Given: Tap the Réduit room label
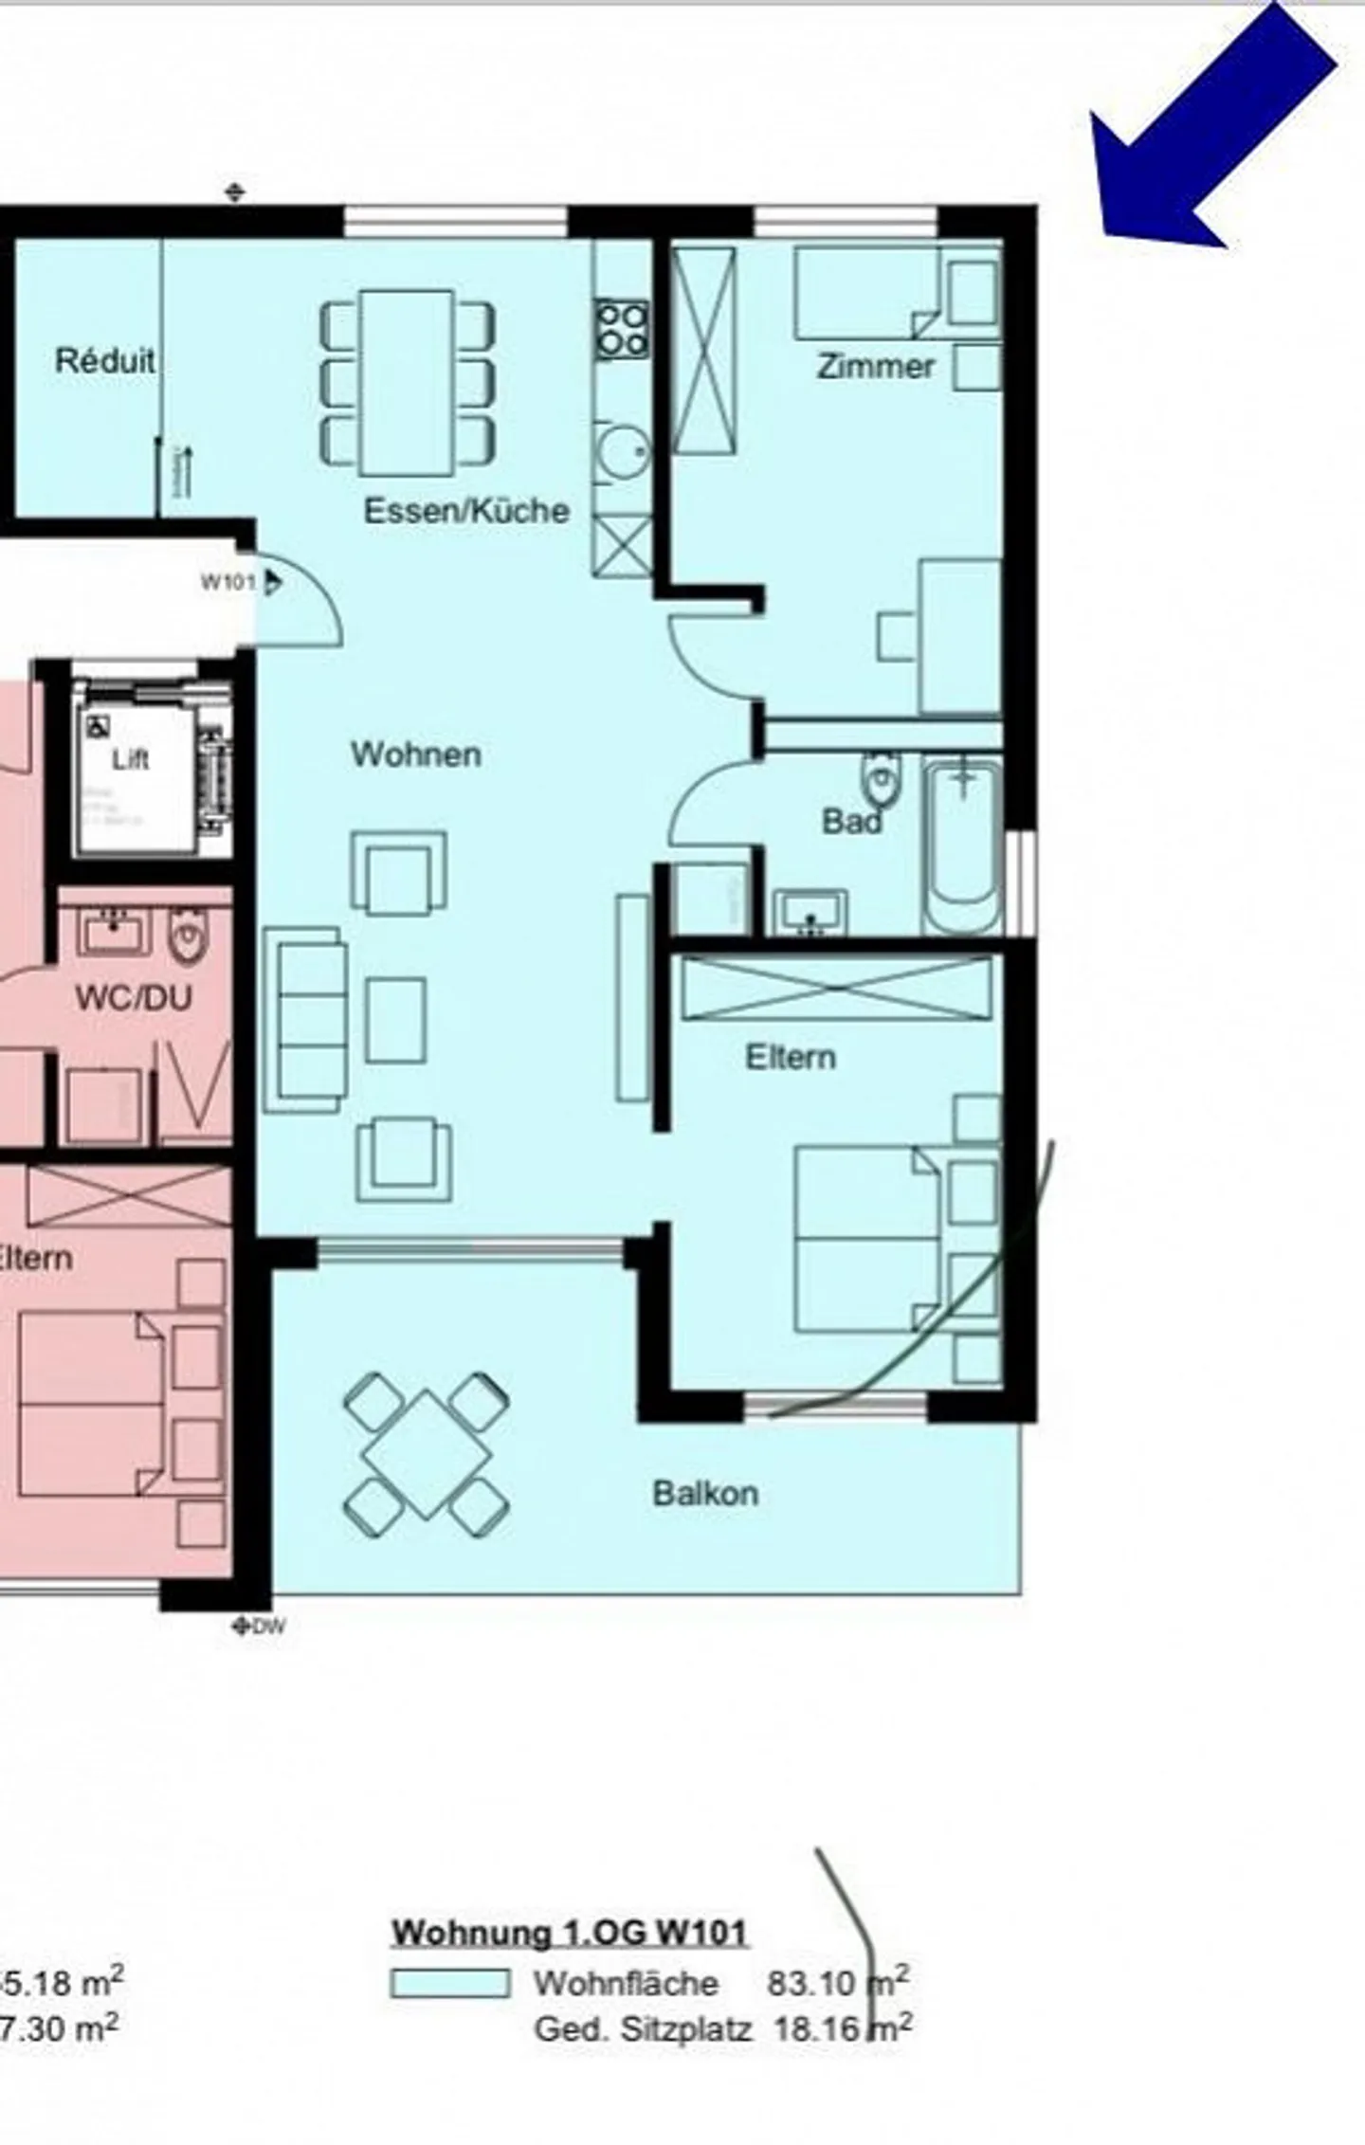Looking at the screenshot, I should pyautogui.click(x=104, y=361).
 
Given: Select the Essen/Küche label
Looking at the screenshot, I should pyautogui.click(x=466, y=511).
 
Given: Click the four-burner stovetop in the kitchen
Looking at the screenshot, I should pyautogui.click(x=623, y=329).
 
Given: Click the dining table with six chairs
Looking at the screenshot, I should pyautogui.click(x=407, y=382).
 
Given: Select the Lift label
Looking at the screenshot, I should pyautogui.click(x=130, y=760).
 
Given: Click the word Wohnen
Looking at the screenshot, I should pyautogui.click(x=416, y=754).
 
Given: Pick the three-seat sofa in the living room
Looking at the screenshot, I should pyautogui.click(x=305, y=1020).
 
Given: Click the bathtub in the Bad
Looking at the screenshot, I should pyautogui.click(x=962, y=846).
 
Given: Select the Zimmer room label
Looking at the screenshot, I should pyautogui.click(x=876, y=367).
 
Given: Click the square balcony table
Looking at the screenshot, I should pyautogui.click(x=427, y=1454).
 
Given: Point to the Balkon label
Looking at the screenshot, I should pyautogui.click(x=705, y=1494).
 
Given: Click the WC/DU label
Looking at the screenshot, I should pyautogui.click(x=134, y=997).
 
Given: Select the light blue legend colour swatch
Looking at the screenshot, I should pyautogui.click(x=450, y=1983).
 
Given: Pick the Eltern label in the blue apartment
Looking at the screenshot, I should pyautogui.click(x=791, y=1057).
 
